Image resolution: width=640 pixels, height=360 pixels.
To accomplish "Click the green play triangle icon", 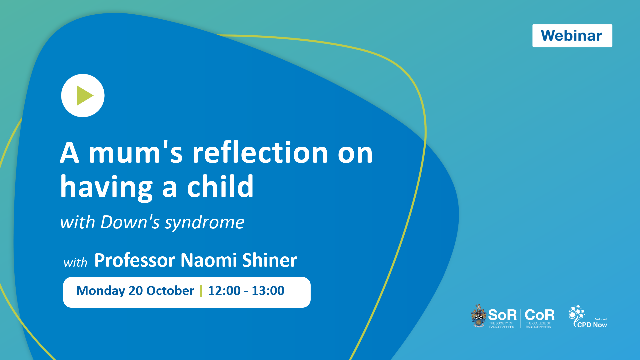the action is coord(85,96).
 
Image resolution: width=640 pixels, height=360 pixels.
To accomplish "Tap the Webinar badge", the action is coord(572,36).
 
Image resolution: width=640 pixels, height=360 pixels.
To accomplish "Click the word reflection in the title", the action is coord(261,153).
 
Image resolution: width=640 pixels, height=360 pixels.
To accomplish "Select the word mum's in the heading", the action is coord(136,153).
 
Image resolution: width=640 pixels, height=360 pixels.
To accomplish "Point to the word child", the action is coord(220,186).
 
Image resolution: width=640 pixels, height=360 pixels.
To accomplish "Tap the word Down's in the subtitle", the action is coord(130,222).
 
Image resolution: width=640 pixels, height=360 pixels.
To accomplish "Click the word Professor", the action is coord(135,260).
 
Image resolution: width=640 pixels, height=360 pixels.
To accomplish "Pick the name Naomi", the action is coord(209,260).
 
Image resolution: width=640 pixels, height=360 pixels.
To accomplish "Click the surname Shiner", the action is coord(270,260).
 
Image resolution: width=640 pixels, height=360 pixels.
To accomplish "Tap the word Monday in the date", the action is coord(100,291).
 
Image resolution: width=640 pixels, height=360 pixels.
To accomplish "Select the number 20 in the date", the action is coord(136,291).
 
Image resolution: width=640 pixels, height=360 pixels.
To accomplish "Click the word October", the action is coord(170,291).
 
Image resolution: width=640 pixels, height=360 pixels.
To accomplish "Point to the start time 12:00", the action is coord(224,291).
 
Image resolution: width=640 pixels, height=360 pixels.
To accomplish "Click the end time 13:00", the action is coord(268,291).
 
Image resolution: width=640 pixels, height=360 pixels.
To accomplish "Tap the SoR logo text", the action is coord(502,315).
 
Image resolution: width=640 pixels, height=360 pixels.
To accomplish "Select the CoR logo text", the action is coord(539,315).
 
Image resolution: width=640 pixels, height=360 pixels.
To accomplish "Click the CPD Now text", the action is coord(592,325).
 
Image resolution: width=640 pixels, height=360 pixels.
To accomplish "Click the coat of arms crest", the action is coord(479,316).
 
